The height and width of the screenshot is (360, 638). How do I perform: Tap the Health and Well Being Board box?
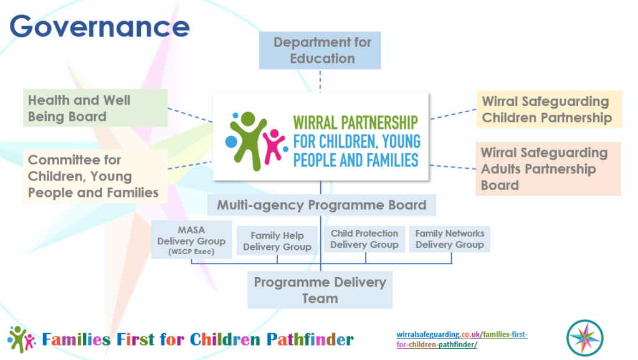(x=96, y=108)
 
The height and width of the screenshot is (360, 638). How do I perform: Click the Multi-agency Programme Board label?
(x=321, y=205)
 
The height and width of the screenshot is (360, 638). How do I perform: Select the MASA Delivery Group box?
(x=191, y=240)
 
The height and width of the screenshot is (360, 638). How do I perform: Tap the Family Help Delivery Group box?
(x=277, y=242)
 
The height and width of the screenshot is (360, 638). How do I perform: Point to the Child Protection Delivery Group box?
(x=364, y=239)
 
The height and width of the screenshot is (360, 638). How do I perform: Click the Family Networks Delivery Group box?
(x=449, y=239)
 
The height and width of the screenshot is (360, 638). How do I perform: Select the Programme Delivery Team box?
(x=320, y=290)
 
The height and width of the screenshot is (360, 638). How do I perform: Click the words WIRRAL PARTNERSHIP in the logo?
(x=355, y=123)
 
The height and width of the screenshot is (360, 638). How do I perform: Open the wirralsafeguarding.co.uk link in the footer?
(x=462, y=339)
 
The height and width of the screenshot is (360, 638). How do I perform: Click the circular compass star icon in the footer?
(x=584, y=338)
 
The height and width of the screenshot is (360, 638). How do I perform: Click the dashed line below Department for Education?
(x=320, y=80)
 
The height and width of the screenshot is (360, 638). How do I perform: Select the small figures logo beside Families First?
(x=22, y=339)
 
